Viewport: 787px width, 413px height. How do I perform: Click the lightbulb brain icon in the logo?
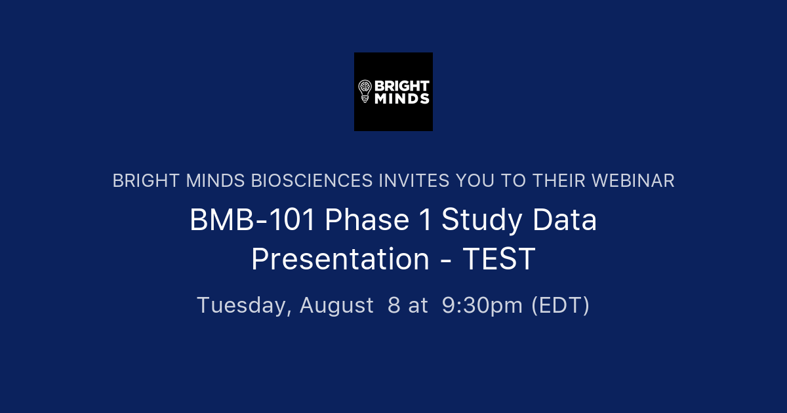point(365,91)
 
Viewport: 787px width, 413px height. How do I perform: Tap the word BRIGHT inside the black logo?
point(401,86)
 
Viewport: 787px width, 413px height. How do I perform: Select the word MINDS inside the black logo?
point(401,99)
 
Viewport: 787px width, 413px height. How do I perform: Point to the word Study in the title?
point(482,221)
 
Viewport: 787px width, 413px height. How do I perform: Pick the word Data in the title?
point(565,221)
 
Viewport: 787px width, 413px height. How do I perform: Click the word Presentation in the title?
point(340,260)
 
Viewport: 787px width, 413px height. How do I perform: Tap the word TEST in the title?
point(499,260)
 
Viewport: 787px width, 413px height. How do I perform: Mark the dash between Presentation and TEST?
point(445,261)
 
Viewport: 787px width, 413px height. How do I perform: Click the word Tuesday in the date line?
point(244,305)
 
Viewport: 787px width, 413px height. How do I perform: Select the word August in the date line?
point(336,305)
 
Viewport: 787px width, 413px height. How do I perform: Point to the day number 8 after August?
point(393,305)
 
